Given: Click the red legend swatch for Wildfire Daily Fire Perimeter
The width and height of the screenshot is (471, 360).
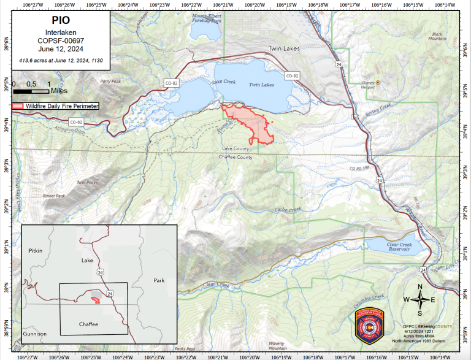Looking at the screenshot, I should (x=18, y=106).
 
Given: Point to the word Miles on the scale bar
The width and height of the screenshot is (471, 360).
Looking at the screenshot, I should (x=59, y=90).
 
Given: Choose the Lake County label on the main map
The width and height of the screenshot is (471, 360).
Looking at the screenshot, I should (x=235, y=149).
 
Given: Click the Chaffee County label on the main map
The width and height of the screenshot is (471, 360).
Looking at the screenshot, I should (x=235, y=158).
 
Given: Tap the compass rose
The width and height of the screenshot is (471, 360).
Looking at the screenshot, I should (x=419, y=299).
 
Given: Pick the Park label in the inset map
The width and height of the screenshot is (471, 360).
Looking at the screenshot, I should (x=159, y=280).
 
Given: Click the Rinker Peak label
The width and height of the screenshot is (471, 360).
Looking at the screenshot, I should (x=54, y=196).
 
